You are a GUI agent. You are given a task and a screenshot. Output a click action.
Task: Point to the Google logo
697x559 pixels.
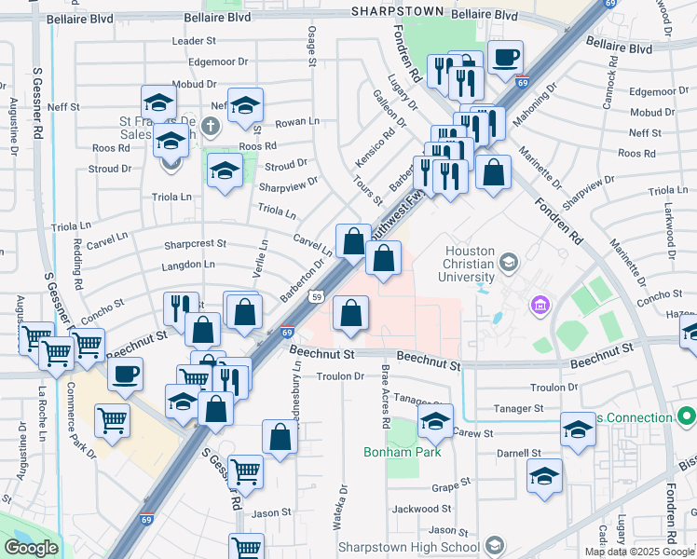click(x=31, y=548)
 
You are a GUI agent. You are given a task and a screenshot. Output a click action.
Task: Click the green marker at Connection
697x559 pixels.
click(x=688, y=416)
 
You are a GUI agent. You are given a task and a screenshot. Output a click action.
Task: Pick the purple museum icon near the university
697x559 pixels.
click(x=540, y=305)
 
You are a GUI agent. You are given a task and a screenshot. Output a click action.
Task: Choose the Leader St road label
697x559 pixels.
click(x=194, y=42)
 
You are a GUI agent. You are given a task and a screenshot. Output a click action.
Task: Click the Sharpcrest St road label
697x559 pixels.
click(x=195, y=243)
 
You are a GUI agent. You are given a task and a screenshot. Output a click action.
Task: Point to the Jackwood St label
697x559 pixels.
click(x=421, y=510)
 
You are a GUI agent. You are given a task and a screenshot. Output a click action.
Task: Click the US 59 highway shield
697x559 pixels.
click(x=318, y=297)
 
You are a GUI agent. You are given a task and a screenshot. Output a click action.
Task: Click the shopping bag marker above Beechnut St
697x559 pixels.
click(x=349, y=315)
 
